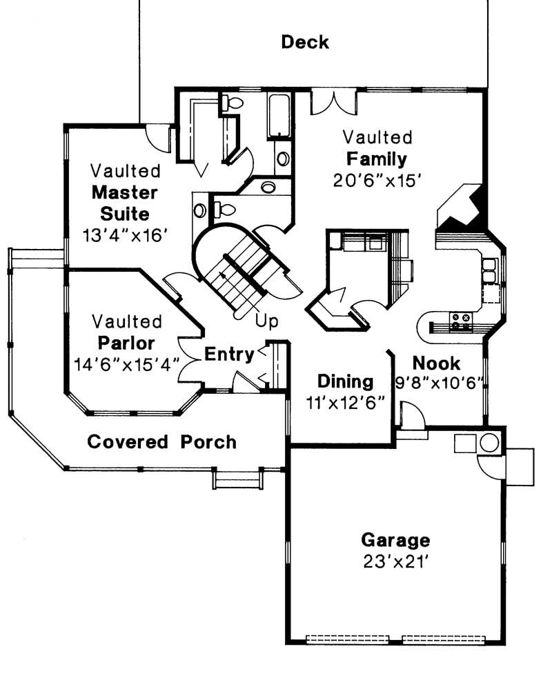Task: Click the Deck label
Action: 305,43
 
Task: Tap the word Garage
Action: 395,539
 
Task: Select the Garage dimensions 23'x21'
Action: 395,561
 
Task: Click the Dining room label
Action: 345,381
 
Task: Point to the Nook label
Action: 437,363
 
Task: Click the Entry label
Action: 229,354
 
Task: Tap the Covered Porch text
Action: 161,441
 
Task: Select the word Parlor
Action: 126,343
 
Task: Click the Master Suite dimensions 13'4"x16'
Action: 126,236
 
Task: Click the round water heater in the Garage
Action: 489,443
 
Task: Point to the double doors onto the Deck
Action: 334,102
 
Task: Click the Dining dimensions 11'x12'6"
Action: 345,401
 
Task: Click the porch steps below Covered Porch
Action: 237,477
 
